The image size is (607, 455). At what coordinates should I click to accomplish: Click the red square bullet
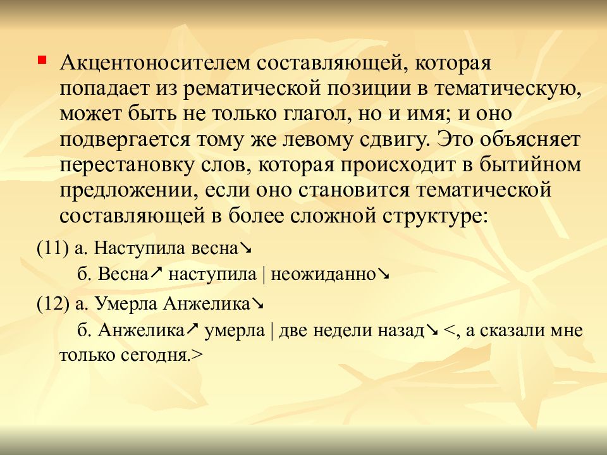click(42, 61)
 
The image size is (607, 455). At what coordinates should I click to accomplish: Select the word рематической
click(252, 89)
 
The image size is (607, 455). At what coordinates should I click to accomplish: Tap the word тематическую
click(508, 89)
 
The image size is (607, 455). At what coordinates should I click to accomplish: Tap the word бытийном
click(530, 165)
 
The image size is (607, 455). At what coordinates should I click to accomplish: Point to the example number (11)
click(53, 248)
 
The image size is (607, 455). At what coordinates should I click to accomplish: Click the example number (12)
click(53, 304)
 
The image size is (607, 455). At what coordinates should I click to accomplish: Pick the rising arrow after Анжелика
click(192, 329)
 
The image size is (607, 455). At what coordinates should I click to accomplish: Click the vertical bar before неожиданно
click(264, 275)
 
